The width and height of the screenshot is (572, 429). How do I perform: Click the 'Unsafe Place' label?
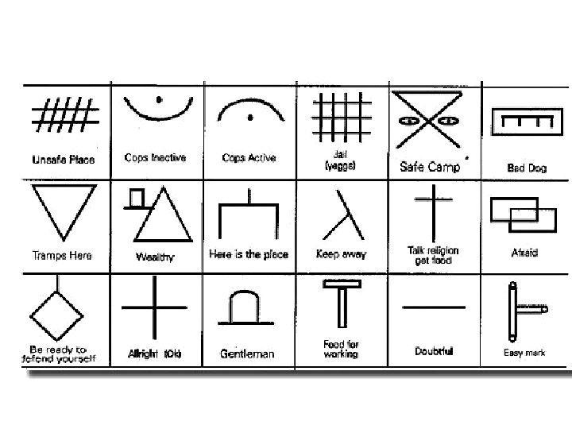point(64,160)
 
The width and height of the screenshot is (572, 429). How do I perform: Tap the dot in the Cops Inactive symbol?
point(159,99)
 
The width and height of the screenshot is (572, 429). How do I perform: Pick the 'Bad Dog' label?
point(526,168)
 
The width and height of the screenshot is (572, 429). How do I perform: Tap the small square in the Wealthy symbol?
point(137,197)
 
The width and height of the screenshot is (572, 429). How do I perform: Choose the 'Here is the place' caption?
point(249,255)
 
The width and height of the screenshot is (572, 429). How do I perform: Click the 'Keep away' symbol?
point(342,214)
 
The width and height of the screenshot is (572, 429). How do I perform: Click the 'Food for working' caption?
point(341,349)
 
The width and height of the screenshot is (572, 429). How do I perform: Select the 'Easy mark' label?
point(524,353)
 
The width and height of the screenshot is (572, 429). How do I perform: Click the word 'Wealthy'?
point(155,257)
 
